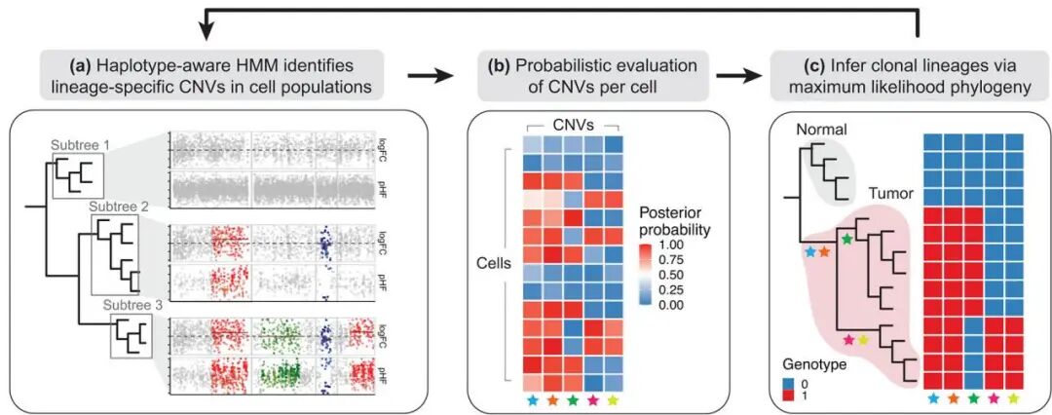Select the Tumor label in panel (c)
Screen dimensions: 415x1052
click(x=889, y=194)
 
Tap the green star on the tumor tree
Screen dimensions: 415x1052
click(x=846, y=238)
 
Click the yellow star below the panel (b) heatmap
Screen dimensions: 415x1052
click(x=612, y=399)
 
